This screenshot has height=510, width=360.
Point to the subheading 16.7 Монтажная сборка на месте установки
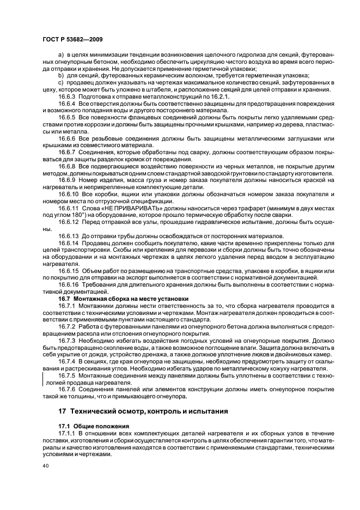coord(123,298)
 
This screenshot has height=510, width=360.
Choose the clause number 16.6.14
coord(69,242)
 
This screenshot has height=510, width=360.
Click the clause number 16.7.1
coord(68,306)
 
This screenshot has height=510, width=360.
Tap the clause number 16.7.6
coord(68,390)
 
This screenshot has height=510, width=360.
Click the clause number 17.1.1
coord(68,432)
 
